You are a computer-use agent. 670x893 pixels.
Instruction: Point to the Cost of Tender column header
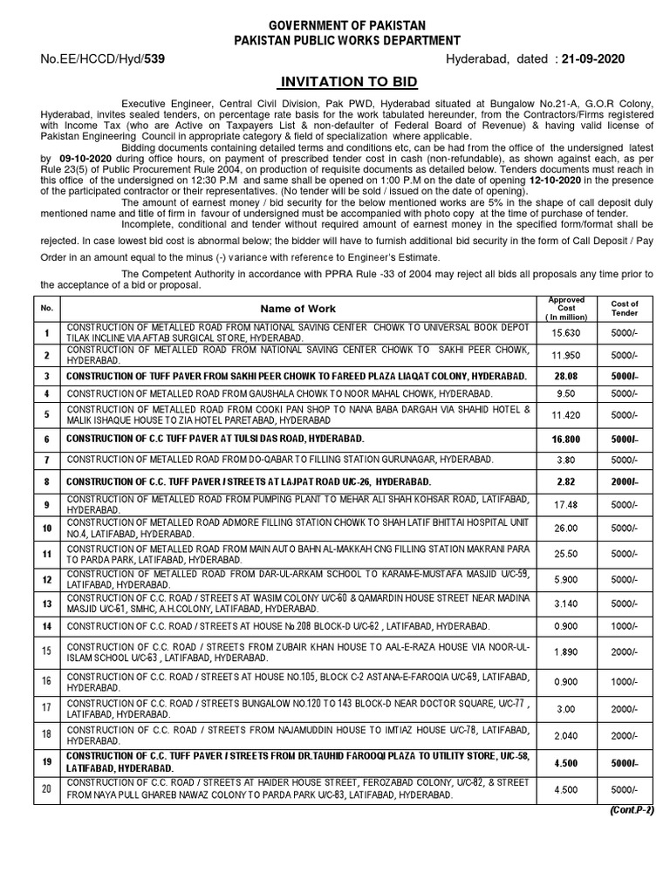click(625, 309)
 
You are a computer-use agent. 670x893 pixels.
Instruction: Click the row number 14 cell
click(45, 625)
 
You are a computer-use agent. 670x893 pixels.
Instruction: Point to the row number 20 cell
click(45, 790)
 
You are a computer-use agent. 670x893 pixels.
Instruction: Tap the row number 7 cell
click(45, 460)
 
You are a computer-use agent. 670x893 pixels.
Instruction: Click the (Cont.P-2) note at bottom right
click(626, 811)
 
